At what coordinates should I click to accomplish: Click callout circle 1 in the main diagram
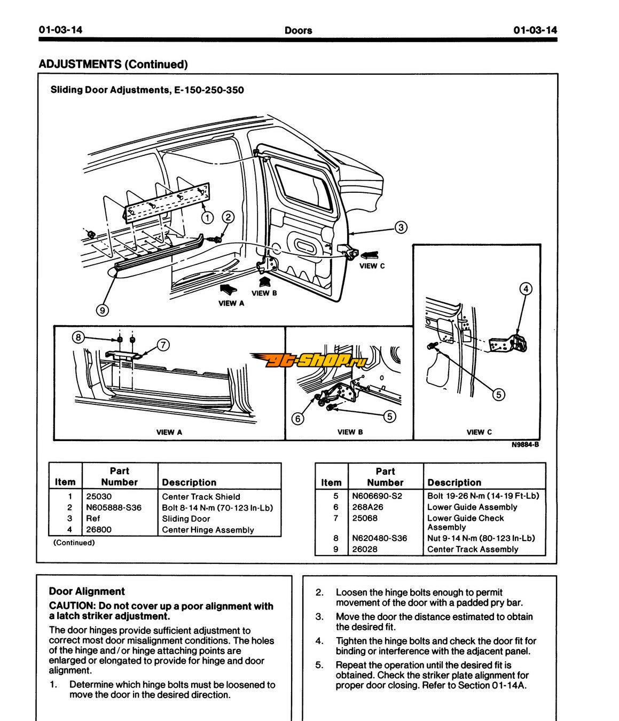207,218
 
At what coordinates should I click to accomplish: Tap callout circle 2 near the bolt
228,217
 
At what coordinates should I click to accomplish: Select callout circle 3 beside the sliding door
401,228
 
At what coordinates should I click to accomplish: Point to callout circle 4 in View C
526,289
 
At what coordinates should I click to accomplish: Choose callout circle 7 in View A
163,344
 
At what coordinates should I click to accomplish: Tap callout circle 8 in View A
79,338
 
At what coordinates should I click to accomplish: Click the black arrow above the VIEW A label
228,289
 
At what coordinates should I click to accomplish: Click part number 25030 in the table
99,497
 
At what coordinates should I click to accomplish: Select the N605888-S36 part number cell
114,507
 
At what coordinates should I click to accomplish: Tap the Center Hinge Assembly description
208,530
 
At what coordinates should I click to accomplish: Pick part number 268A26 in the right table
367,507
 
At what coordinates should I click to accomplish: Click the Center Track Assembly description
473,549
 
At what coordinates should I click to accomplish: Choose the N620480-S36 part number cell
380,538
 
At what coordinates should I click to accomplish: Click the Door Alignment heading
87,591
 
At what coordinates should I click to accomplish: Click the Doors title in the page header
298,30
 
